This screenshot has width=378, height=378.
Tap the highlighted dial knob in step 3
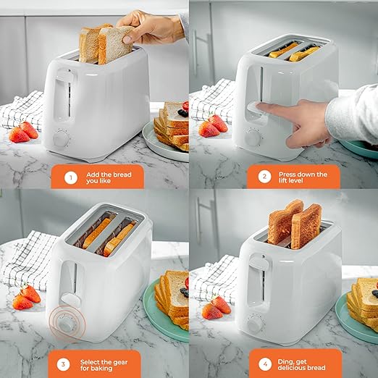click(x=65, y=324)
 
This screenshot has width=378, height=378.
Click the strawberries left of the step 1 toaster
click(x=25, y=132)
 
